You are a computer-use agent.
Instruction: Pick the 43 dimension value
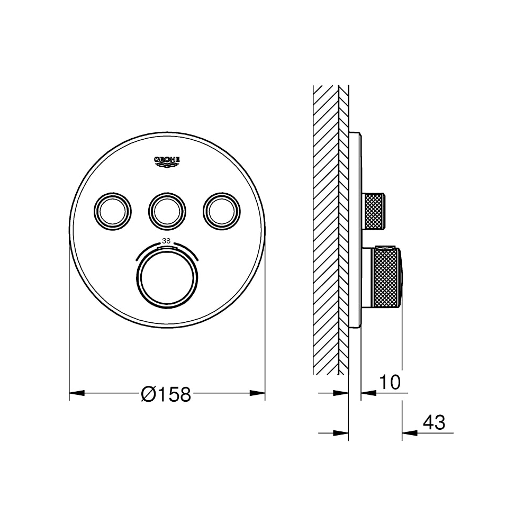point(434,422)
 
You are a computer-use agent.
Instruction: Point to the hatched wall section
point(326,228)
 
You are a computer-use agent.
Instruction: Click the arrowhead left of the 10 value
point(368,393)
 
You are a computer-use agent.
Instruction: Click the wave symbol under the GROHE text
point(167,166)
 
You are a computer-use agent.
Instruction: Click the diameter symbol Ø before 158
point(148,394)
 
